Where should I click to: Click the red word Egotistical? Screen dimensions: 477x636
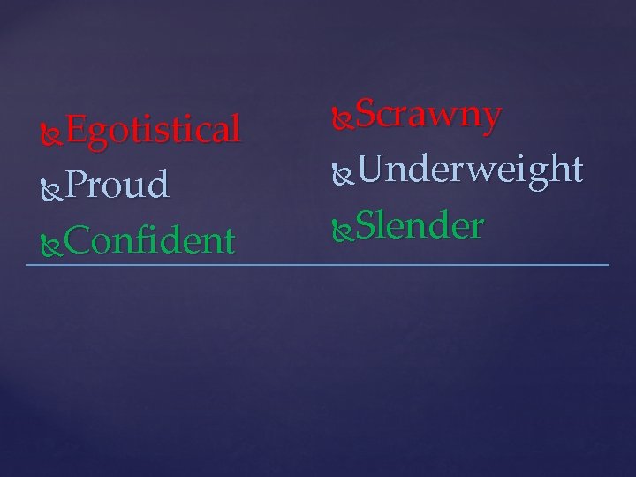(x=152, y=131)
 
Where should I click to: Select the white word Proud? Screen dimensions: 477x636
(x=117, y=185)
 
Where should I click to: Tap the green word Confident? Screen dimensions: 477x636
(x=149, y=239)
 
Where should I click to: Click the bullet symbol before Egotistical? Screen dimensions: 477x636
(x=52, y=132)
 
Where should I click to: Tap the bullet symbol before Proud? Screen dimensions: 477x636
(x=52, y=186)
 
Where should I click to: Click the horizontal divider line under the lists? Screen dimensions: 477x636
(x=318, y=265)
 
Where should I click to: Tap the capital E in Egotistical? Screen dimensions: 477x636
(x=75, y=131)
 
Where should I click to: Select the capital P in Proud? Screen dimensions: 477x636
(x=75, y=185)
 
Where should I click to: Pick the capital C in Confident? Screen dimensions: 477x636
(x=77, y=239)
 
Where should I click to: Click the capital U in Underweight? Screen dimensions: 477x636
(x=367, y=169)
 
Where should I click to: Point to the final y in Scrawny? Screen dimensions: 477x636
(x=492, y=118)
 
